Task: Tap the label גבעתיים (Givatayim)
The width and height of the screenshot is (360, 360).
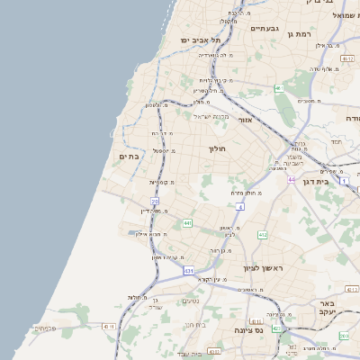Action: click(x=265, y=28)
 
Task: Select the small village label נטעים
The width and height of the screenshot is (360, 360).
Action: click(x=191, y=301)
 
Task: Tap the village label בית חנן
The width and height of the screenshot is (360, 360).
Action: click(x=192, y=326)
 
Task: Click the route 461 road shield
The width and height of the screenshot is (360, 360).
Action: click(x=280, y=88)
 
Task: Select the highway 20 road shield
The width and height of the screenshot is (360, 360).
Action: click(x=155, y=202)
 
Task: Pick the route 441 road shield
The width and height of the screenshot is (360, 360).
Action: click(x=186, y=222)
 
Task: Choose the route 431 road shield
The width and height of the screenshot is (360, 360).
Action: click(x=188, y=270)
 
